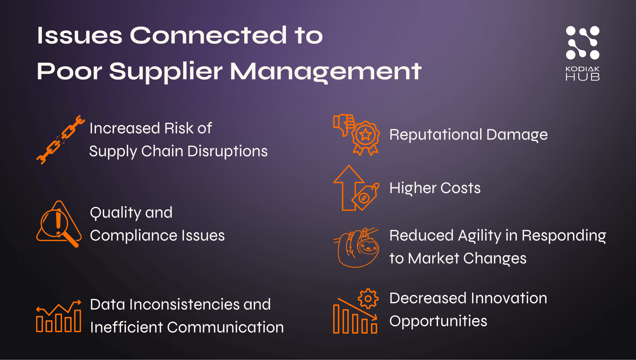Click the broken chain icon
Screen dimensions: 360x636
pyautogui.click(x=60, y=140)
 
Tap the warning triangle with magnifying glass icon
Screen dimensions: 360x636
pyautogui.click(x=59, y=224)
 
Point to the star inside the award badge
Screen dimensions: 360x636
pyautogui.click(x=366, y=135)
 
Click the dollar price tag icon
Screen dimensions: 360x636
pyautogui.click(x=365, y=196)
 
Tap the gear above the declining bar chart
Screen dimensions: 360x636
pyautogui.click(x=368, y=298)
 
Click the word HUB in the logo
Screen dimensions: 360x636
pyautogui.click(x=582, y=77)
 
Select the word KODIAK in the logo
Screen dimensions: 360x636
pyautogui.click(x=582, y=69)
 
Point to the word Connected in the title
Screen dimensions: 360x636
pyautogui.click(x=208, y=35)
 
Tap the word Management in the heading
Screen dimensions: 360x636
pyautogui.click(x=325, y=71)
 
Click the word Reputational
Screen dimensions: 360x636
pyautogui.click(x=435, y=135)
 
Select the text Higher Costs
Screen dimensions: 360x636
pyautogui.click(x=435, y=188)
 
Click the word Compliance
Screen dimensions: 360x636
pyautogui.click(x=133, y=236)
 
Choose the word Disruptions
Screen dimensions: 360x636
pyautogui.click(x=227, y=151)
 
